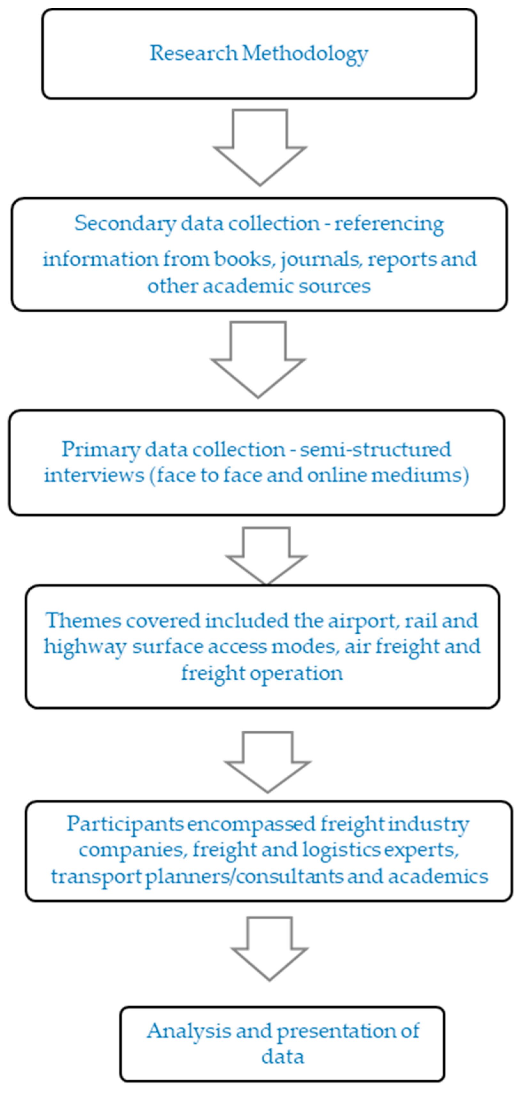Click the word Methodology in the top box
[305, 54]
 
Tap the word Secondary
[125, 223]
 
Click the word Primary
[100, 450]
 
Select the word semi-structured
[376, 450]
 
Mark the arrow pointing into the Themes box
[266, 556]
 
